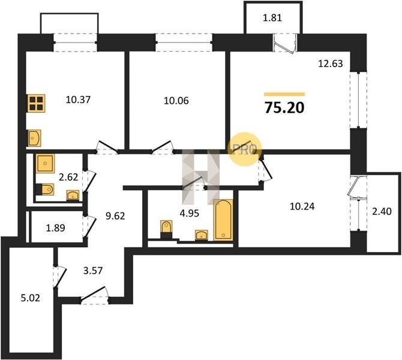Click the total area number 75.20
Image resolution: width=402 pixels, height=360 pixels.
point(284,107)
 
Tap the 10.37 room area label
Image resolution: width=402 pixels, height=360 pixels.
point(78,100)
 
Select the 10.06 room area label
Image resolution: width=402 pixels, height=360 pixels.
point(176,101)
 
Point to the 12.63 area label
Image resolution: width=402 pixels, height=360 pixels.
point(331,64)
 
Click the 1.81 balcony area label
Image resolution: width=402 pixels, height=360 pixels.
point(272,17)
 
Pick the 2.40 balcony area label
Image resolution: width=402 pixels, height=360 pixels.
point(382,211)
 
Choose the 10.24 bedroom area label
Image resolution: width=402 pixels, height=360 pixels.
point(302,206)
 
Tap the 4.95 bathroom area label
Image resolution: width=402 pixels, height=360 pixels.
point(190,213)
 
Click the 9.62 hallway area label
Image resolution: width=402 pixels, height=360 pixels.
point(115,216)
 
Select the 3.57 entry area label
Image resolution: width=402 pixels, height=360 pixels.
point(93,270)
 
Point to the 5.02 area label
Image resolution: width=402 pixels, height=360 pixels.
point(30,298)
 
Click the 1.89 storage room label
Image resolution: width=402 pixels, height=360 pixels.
point(55,227)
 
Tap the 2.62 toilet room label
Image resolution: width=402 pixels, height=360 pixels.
point(68,177)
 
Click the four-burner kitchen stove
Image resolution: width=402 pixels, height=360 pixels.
point(36,103)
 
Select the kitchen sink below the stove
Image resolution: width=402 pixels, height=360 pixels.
point(34,138)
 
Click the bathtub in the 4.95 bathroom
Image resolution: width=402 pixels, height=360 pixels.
point(223,220)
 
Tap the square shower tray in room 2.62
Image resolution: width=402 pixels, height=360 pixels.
point(45,163)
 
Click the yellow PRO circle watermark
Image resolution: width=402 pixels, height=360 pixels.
point(244,149)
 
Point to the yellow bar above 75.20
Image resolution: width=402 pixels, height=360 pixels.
point(284,94)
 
